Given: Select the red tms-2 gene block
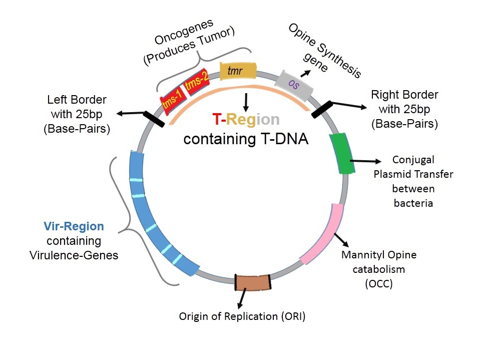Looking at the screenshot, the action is click(197, 82).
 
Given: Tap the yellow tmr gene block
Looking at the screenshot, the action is click(238, 71).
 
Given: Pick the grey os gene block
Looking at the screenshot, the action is click(294, 85).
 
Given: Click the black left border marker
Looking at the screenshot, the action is click(154, 119).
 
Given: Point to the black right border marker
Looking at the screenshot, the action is click(322, 109).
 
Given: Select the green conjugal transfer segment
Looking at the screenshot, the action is click(342, 153).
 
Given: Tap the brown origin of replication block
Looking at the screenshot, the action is click(252, 282).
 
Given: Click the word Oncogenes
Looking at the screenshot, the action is click(184, 32).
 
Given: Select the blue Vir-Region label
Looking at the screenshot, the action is click(74, 226).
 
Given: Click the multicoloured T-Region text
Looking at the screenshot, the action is click(246, 119).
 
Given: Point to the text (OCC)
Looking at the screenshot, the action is click(378, 283).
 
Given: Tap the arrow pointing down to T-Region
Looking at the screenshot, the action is click(246, 102).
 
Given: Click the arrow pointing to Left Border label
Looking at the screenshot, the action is click(131, 113).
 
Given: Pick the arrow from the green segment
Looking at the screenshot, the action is click(365, 161).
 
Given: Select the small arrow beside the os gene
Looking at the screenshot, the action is click(305, 73).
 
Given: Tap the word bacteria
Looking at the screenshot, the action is click(413, 203).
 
